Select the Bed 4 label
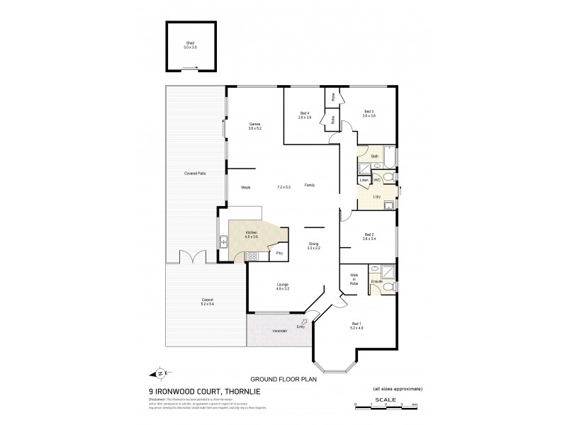[305, 115]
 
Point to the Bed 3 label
[369, 113]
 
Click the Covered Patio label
[195, 174]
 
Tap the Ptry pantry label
[279, 253]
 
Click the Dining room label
[314, 246]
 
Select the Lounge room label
[283, 287]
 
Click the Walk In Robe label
[353, 280]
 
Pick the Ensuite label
[377, 281]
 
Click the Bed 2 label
[369, 237]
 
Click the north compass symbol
[159, 375]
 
